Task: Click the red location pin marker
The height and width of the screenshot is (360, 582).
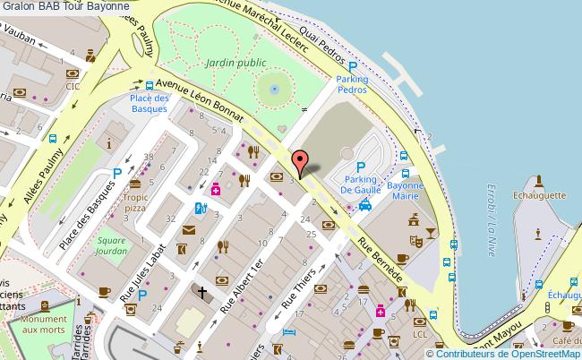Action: (301, 161)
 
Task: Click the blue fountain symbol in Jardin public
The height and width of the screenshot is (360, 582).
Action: (273, 90)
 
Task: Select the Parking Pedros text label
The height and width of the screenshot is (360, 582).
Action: (352, 84)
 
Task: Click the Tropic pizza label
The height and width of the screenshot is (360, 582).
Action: (136, 201)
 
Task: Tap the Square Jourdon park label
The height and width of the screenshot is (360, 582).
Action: (111, 245)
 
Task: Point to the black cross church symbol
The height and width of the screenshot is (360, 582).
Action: (201, 292)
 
